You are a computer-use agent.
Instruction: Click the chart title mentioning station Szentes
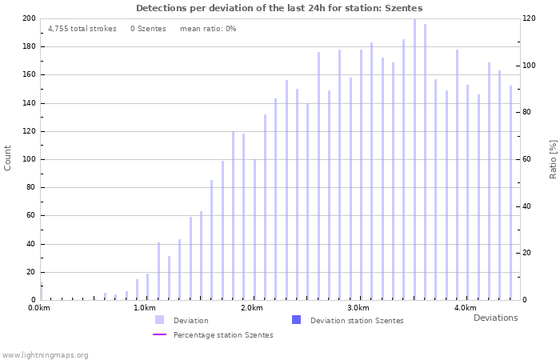(279, 8)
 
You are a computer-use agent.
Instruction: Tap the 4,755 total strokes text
(82, 29)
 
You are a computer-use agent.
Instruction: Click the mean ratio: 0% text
(208, 29)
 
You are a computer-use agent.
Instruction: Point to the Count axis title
(8, 158)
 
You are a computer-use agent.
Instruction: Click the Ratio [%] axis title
(553, 158)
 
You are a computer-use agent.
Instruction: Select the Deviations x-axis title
(495, 318)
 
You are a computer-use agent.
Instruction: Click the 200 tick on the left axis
(29, 18)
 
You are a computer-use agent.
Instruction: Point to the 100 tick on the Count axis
(29, 159)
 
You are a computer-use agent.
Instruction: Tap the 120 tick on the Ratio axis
(530, 18)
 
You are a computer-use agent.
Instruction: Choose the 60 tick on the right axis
(528, 159)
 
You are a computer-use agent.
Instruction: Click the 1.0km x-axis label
(145, 308)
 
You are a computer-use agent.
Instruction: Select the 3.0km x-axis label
(358, 308)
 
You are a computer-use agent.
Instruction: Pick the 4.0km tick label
(465, 308)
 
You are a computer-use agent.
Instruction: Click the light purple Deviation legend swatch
(160, 320)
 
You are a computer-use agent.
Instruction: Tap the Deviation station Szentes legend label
(357, 320)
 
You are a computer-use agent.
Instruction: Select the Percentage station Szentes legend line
(160, 334)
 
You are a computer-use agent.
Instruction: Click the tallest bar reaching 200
(414, 160)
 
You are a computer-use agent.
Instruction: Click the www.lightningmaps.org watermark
(46, 354)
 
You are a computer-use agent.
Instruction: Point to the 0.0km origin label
(39, 308)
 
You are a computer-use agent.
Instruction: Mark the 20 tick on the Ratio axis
(528, 253)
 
